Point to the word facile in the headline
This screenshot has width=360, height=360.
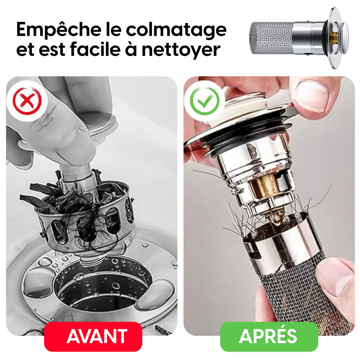click(x=96, y=49)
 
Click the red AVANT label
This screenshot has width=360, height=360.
click(x=93, y=336)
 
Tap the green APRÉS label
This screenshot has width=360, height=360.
click(x=269, y=336)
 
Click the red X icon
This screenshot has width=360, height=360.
click(x=27, y=101)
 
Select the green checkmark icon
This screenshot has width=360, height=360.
click(x=205, y=101)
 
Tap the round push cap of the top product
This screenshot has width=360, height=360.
click(x=344, y=38)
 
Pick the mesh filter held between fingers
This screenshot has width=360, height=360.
click(x=306, y=296)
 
